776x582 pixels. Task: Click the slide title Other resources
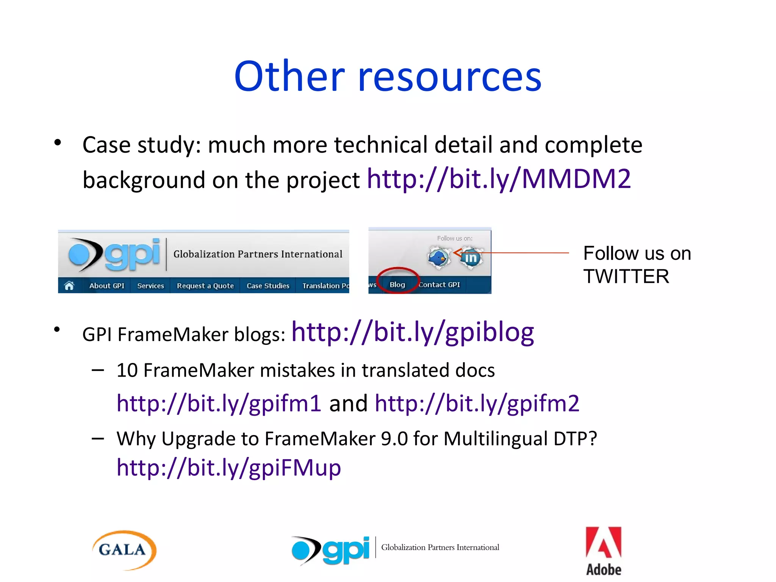click(x=388, y=77)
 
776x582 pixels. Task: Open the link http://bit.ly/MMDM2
click(x=499, y=179)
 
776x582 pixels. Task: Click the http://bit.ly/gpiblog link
click(x=412, y=332)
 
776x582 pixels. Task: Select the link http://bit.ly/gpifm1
click(x=219, y=403)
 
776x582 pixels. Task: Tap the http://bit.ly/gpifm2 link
click(x=477, y=403)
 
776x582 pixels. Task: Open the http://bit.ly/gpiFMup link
click(x=228, y=468)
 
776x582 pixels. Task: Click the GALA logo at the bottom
click(x=124, y=550)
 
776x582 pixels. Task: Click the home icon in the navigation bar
click(x=69, y=286)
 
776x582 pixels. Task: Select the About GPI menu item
click(x=106, y=286)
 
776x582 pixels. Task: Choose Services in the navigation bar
click(x=150, y=286)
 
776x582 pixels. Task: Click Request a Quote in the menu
click(x=205, y=286)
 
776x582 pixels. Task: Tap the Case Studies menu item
click(x=268, y=286)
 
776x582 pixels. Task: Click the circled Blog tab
click(x=397, y=285)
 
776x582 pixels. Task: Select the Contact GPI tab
click(x=440, y=285)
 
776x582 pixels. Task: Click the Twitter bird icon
click(x=439, y=258)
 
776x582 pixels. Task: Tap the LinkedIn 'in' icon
click(x=471, y=258)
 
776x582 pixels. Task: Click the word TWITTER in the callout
click(x=626, y=276)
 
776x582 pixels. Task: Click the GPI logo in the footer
click(x=331, y=550)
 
